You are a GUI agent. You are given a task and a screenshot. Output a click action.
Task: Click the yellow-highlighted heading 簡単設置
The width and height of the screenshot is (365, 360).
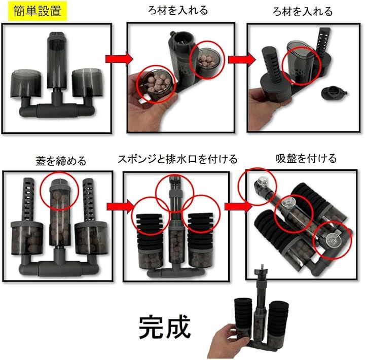[x=38, y=11]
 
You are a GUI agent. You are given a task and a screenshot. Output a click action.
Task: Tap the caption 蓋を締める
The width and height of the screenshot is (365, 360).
[x=61, y=161]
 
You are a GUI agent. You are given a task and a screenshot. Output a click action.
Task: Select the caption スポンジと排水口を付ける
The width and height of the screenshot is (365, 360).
[x=177, y=159]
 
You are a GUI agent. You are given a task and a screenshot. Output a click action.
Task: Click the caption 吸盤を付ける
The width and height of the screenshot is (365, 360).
[x=306, y=159]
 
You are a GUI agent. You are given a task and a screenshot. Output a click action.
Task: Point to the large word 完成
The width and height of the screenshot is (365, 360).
[x=165, y=327]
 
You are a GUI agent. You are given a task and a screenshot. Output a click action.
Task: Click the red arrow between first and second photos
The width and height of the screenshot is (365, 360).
[x=119, y=59]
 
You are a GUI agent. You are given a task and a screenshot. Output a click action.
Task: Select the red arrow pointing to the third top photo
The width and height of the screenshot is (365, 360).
[x=242, y=59]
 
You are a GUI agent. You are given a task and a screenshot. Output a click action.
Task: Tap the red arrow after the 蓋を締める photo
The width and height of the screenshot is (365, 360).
[x=121, y=206]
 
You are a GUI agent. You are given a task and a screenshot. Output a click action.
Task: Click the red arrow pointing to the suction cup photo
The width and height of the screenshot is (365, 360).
[x=238, y=206]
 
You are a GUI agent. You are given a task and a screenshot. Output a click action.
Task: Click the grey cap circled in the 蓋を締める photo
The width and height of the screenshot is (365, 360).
[x=59, y=184]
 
